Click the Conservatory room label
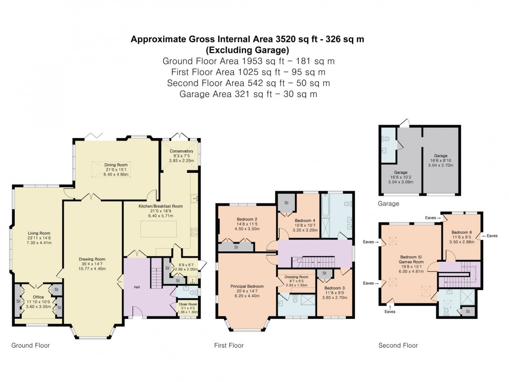[181, 151]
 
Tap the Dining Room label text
[116, 165]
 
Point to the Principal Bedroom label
[248, 286]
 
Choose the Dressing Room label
[297, 277]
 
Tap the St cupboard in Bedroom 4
[287, 203]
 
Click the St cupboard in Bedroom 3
[325, 273]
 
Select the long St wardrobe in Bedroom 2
[236, 247]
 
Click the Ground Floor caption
[30, 345]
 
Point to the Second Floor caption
[398, 345]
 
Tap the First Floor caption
[229, 345]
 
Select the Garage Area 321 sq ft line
[248, 94]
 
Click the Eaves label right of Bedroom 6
[492, 236]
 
